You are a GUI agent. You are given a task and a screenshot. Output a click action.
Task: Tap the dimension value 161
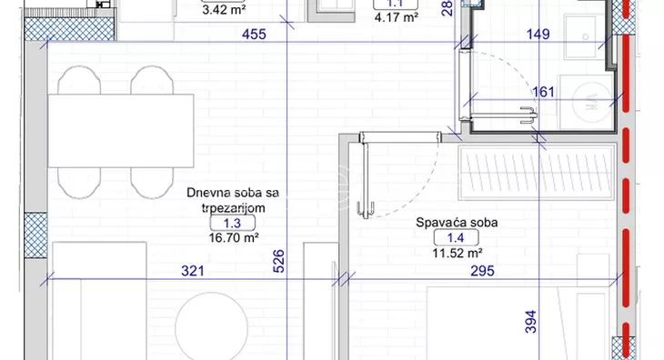(x=543, y=92)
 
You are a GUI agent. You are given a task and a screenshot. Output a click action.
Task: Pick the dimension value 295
(x=482, y=271)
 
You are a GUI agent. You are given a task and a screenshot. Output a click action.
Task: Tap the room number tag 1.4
(x=448, y=238)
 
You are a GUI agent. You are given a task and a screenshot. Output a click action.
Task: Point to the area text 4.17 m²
(x=396, y=16)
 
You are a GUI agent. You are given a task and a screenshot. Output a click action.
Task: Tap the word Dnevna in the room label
(x=206, y=193)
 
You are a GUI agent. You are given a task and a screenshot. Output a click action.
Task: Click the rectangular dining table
(x=121, y=130)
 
